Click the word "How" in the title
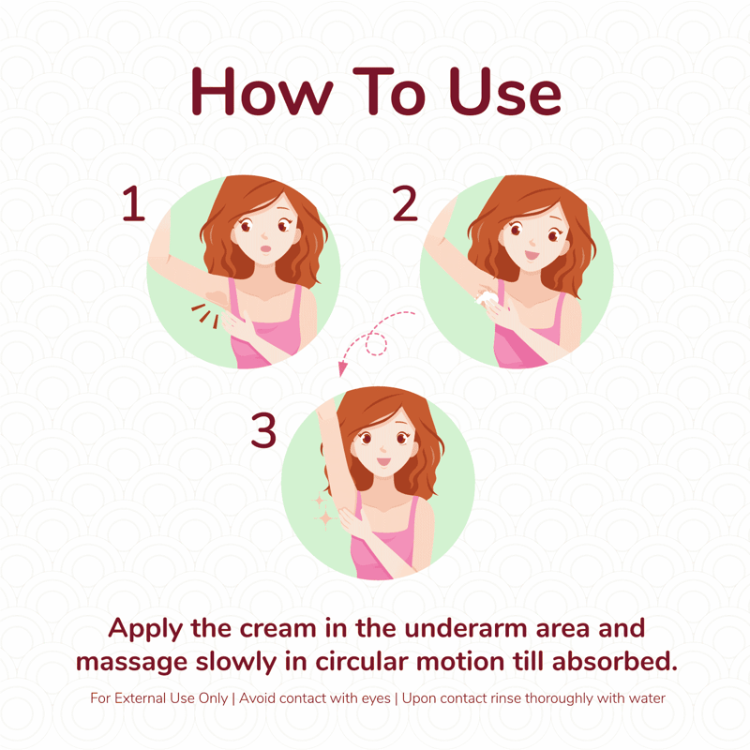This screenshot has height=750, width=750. [x=262, y=91]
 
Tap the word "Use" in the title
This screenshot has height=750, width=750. [x=504, y=91]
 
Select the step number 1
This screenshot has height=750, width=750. [x=134, y=203]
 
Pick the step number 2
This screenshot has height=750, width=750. [x=405, y=203]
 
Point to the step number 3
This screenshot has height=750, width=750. [x=263, y=430]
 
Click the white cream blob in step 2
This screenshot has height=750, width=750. [x=487, y=297]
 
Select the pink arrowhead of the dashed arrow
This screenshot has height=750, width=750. [x=342, y=368]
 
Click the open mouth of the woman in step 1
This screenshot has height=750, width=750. [x=266, y=248]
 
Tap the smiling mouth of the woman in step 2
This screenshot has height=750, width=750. [x=532, y=254]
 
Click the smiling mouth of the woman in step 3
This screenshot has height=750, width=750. [x=383, y=461]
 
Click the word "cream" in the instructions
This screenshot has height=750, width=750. [x=277, y=629]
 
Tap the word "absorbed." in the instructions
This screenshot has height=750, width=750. [x=615, y=662]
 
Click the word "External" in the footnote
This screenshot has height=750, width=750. [x=140, y=698]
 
